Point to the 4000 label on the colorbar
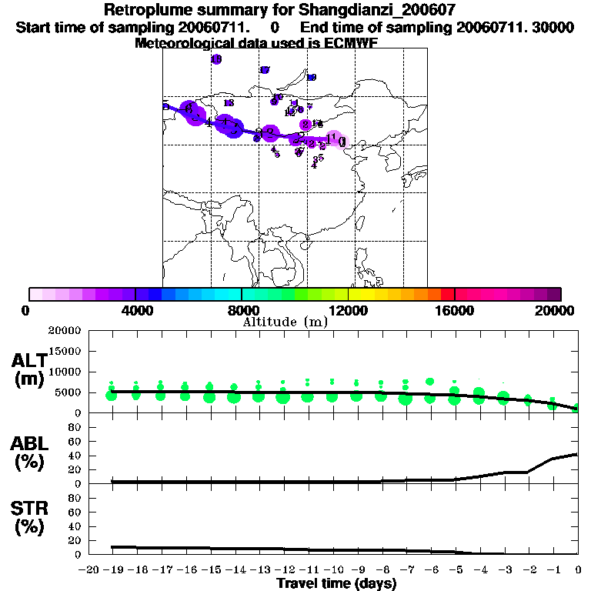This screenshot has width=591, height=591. tap(135, 310)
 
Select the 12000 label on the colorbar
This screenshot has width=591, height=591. tap(348, 310)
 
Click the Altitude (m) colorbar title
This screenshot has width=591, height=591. tap(285, 322)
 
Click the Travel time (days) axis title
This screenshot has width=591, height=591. tap(336, 583)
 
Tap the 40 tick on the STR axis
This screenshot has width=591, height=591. tap(74, 526)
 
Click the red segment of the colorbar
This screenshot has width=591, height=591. tap(448, 294)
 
